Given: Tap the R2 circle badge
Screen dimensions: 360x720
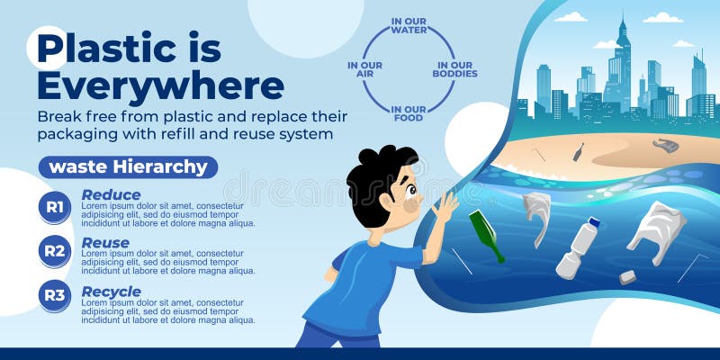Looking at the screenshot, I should click(55, 251).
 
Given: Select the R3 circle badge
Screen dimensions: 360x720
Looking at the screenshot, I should click(55, 295).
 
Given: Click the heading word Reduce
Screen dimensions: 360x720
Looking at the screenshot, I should click(111, 194).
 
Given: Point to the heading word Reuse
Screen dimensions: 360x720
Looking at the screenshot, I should click(105, 243).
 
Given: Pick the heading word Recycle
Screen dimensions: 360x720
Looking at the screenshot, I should click(111, 292).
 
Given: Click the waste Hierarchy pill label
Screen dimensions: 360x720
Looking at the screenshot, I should click(128, 166).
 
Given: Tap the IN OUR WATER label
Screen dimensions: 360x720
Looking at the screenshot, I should click(409, 25).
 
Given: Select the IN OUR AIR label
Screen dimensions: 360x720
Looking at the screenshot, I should click(364, 70).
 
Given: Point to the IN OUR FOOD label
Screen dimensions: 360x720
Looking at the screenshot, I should click(409, 113).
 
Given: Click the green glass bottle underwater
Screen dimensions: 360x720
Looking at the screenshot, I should click(486, 236).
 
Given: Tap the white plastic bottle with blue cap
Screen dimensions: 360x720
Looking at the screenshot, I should click(577, 247).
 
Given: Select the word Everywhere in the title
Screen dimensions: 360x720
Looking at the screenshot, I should click(160, 86).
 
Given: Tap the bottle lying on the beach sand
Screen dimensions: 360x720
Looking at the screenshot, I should click(578, 151).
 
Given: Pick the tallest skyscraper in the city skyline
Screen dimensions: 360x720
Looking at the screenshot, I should click(621, 67).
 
